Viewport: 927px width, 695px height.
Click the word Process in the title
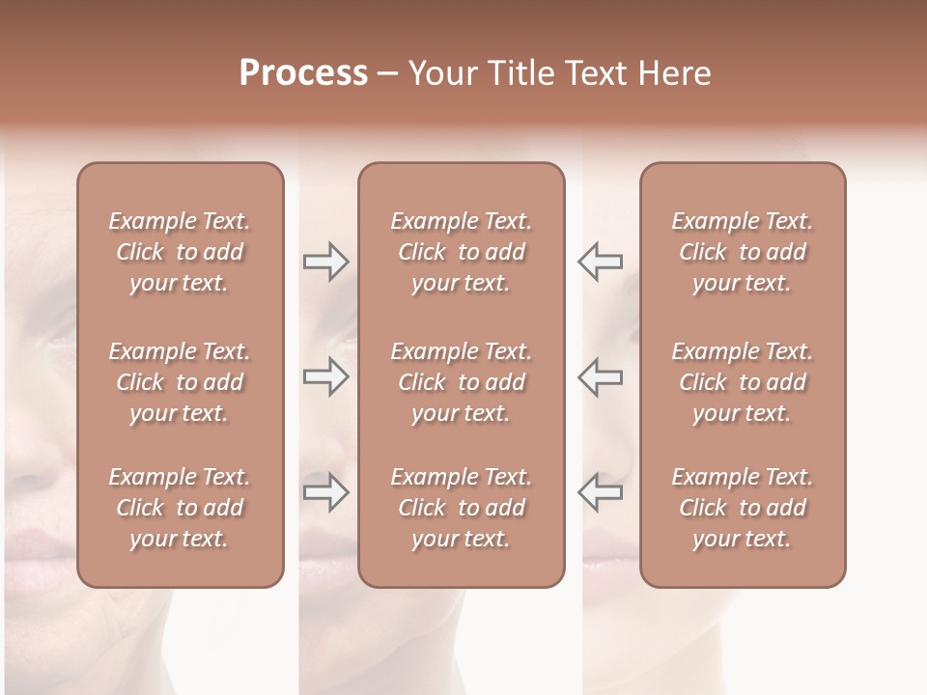[303, 73]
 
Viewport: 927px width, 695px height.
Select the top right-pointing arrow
[325, 262]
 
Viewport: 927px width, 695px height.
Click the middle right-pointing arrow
[325, 376]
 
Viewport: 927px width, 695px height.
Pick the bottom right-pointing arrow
[325, 492]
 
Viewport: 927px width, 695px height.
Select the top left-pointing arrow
[600, 262]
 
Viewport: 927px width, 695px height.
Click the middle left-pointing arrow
[600, 376]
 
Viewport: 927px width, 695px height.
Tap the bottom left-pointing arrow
[600, 492]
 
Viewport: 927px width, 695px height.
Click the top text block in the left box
[180, 252]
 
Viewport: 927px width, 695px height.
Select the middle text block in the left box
[180, 382]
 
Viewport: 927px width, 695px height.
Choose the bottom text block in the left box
[180, 508]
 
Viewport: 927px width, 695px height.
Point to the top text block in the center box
[461, 252]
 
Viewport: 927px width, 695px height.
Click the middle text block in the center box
[461, 382]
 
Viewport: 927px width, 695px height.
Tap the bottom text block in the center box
[461, 508]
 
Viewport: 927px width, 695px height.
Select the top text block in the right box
[742, 252]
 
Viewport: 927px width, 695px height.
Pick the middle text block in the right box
[742, 382]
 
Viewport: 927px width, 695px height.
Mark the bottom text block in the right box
[742, 508]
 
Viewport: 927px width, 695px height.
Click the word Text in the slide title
[596, 73]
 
